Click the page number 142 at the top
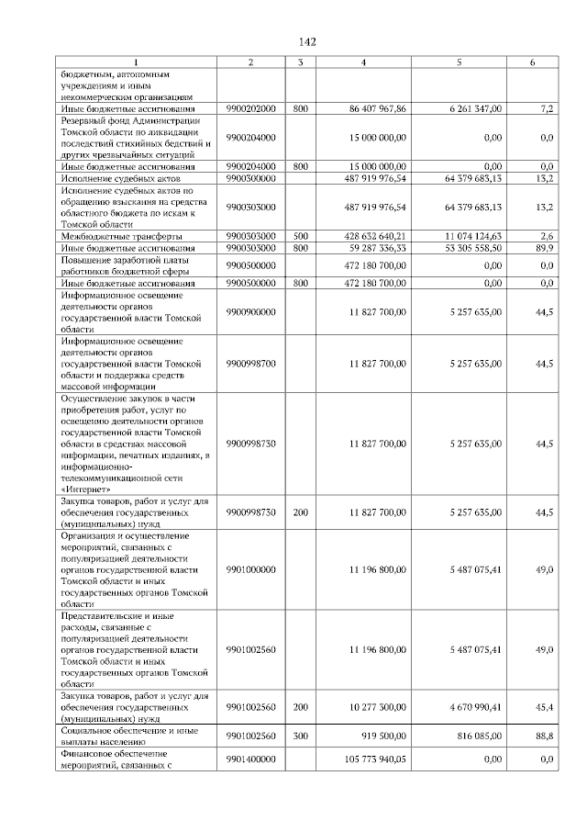[307, 42]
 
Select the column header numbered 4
[364, 62]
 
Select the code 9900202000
[250, 108]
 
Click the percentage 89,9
[544, 248]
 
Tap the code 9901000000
[250, 569]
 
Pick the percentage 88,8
[544, 736]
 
